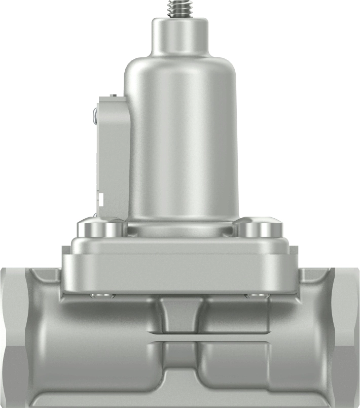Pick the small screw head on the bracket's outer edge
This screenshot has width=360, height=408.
pyautogui.click(x=95, y=116)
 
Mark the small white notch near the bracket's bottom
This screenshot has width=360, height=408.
pyautogui.click(x=101, y=197)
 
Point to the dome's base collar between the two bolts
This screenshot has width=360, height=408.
pyautogui.click(x=180, y=229)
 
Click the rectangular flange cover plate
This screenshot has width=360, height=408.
pyautogui.click(x=180, y=266)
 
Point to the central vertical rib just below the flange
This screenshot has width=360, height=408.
pyautogui.click(x=180, y=312)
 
